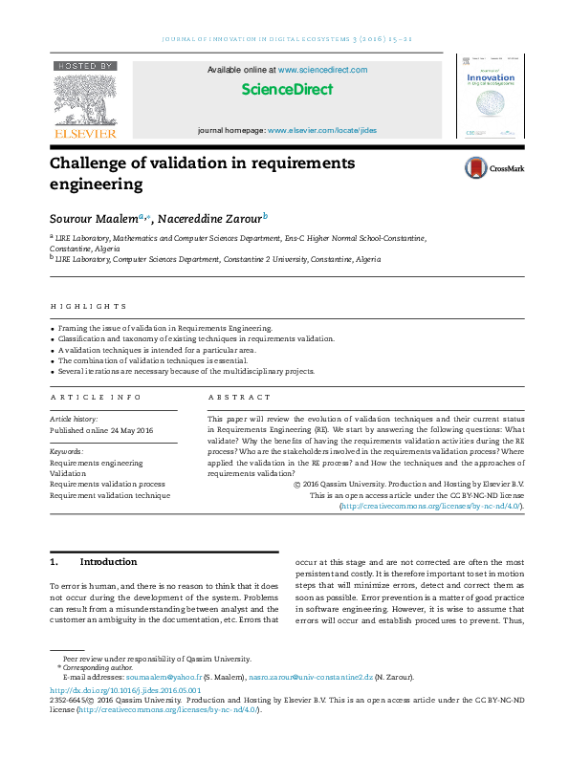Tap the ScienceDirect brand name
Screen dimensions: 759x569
287,90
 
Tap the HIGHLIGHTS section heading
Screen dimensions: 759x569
88,307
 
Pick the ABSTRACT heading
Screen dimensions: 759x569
239,397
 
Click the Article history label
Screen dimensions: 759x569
73,419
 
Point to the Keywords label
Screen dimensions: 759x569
66,450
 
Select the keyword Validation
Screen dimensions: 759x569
68,473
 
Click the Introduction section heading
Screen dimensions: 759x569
108,561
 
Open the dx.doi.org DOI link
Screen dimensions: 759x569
125,689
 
